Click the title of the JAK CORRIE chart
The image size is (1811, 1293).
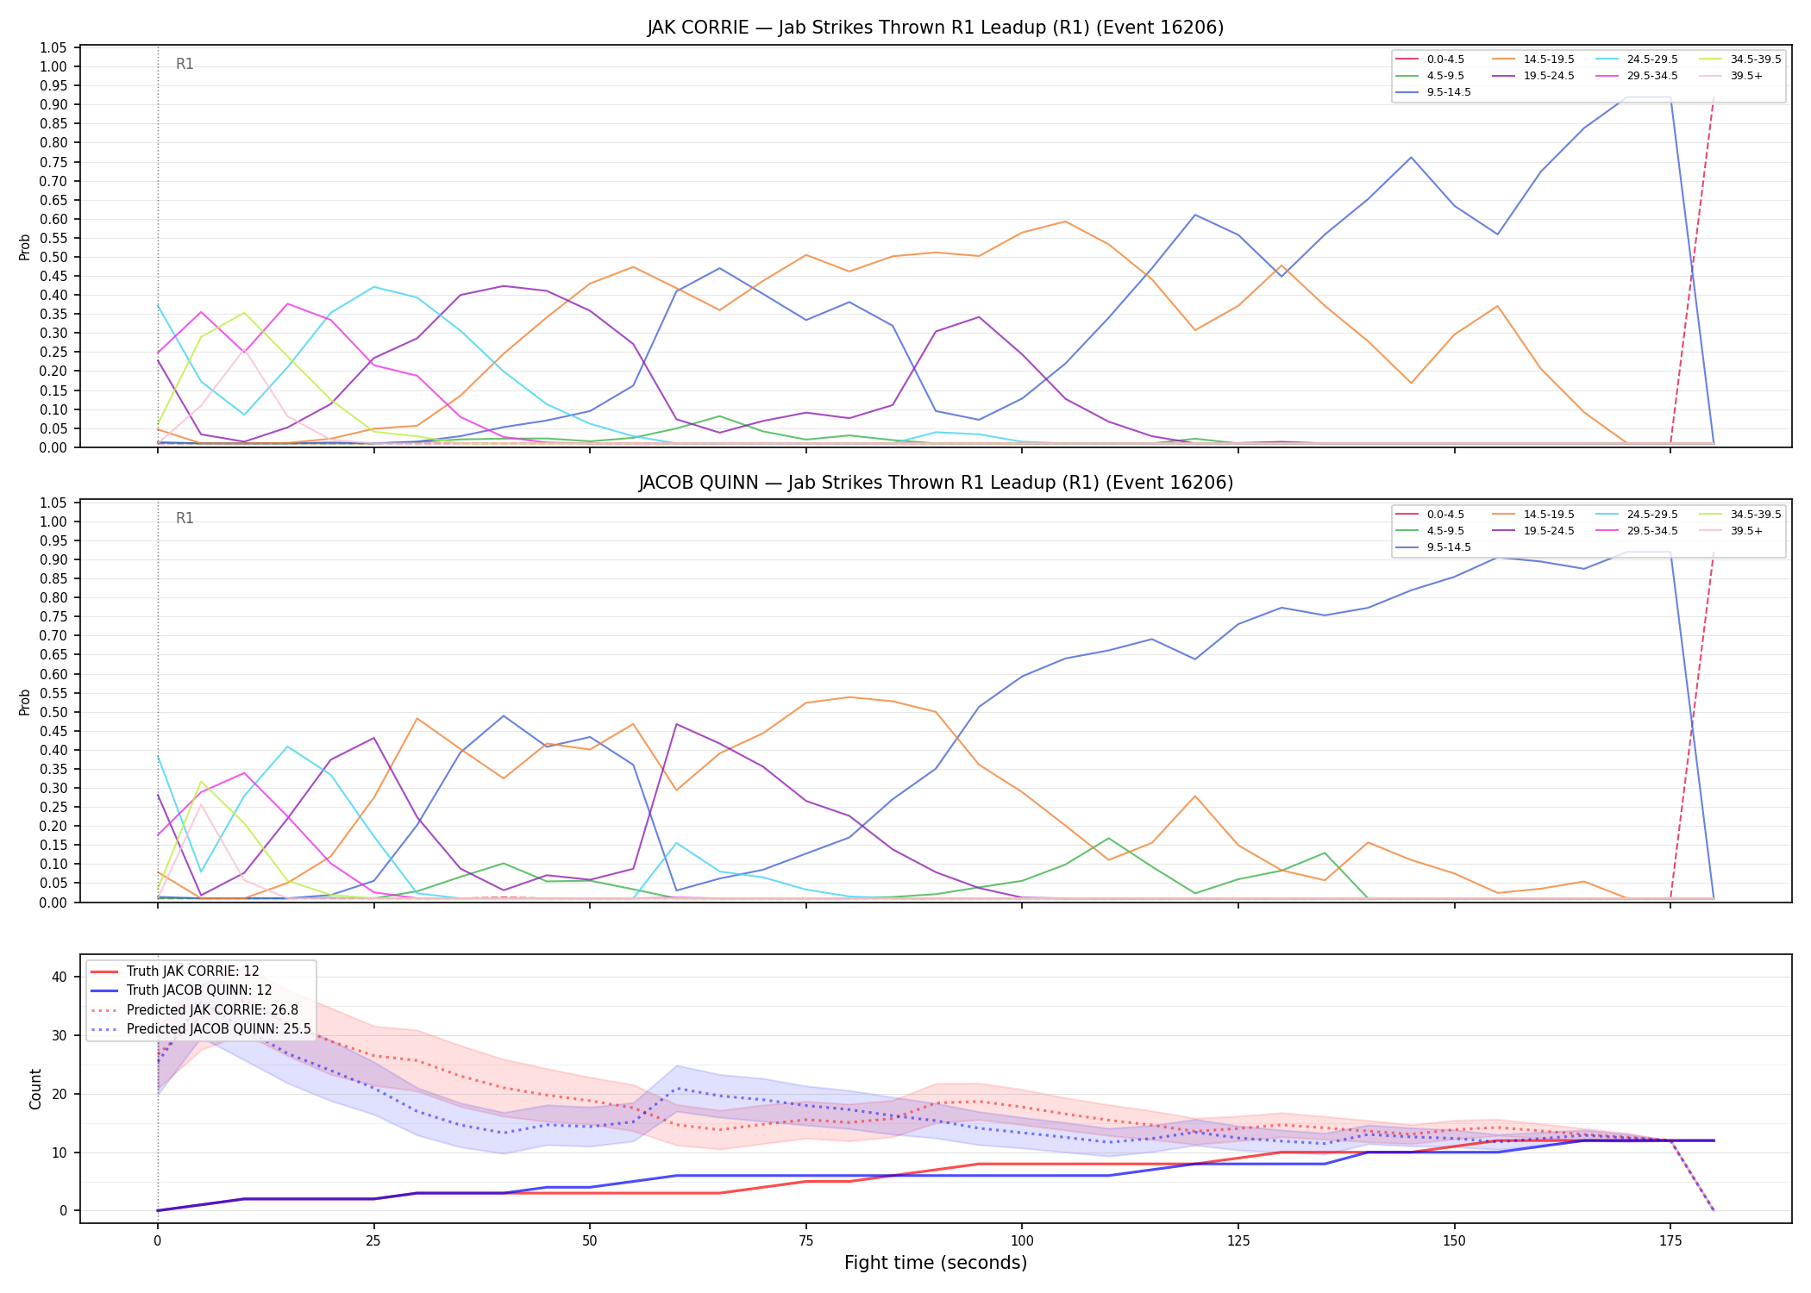point(936,28)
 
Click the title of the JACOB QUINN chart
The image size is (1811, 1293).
point(936,483)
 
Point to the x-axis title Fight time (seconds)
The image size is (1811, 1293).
point(936,1263)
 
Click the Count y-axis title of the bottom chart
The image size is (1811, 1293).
point(35,1089)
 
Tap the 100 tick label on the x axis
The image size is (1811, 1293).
point(1021,1241)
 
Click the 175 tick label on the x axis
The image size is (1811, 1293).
point(1670,1241)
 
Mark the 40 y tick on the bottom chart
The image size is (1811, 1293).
point(60,977)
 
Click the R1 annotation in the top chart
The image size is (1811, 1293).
point(185,64)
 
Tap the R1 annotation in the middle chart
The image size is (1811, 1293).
point(185,518)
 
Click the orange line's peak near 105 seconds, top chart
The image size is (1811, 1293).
point(1065,222)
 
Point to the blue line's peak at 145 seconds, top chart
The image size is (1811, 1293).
point(1411,157)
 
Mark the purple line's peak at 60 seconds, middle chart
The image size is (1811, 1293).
point(677,724)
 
